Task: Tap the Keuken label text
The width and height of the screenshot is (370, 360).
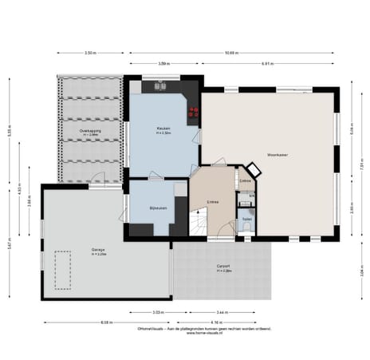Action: click(x=163, y=129)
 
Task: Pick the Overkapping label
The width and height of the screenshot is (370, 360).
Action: click(x=89, y=130)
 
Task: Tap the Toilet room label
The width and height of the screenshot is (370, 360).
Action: click(x=246, y=218)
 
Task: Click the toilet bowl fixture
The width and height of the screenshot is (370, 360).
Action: click(x=246, y=227)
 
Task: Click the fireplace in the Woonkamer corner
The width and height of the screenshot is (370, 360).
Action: click(x=253, y=170)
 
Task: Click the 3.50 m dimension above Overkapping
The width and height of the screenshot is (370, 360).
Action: click(x=90, y=53)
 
